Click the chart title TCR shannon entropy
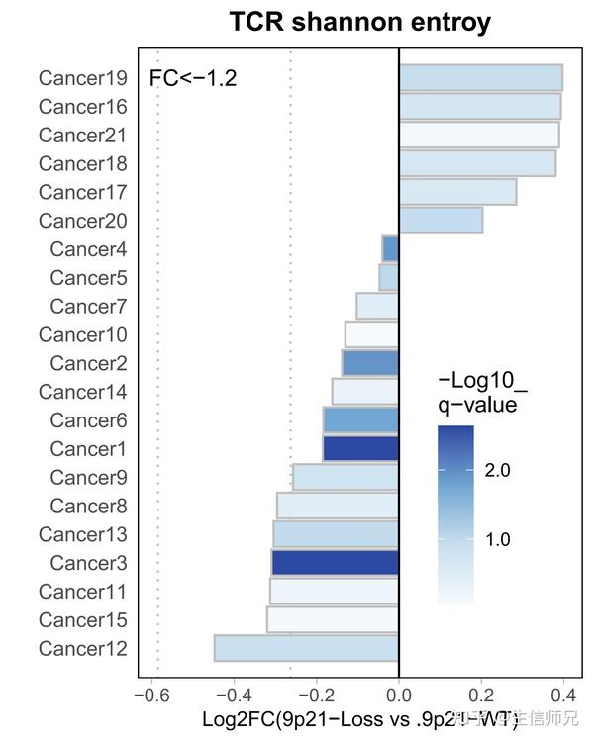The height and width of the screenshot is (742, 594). point(359,22)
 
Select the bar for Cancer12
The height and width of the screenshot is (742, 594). point(306,649)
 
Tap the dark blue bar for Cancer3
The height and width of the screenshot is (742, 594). point(335,563)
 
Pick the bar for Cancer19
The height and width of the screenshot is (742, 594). point(480,77)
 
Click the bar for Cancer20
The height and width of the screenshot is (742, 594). point(441,221)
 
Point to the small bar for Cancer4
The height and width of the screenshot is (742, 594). point(390,248)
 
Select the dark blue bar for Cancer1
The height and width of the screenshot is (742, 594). point(360,449)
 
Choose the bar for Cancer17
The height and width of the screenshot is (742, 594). point(457,192)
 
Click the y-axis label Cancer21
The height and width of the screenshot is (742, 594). point(82,135)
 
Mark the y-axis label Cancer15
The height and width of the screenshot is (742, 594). point(82,620)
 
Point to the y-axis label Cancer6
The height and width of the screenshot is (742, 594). point(88,420)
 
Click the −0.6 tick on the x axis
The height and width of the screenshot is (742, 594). point(151,696)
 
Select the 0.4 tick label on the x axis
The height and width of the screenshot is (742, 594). point(563,696)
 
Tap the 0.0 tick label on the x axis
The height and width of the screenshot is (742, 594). point(399,696)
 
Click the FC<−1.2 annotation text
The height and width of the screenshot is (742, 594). point(193,78)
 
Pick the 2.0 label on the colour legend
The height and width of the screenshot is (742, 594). point(497,471)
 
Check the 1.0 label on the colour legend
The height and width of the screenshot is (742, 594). point(497,540)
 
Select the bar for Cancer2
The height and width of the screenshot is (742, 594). point(370,363)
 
